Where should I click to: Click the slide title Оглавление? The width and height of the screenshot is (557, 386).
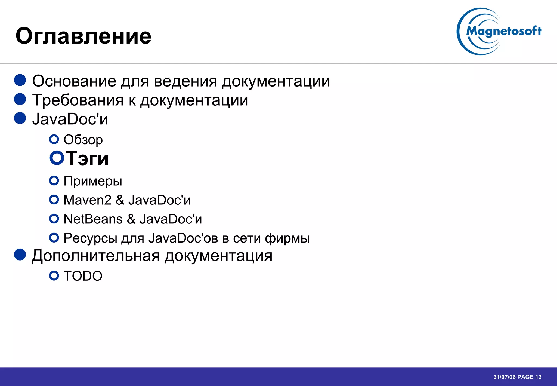tap(83, 36)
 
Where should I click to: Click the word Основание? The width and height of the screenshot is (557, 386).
tap(74, 81)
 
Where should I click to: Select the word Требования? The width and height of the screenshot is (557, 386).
tap(78, 100)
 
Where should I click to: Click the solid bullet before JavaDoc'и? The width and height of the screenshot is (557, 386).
tap(20, 118)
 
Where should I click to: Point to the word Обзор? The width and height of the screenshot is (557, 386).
tap(83, 140)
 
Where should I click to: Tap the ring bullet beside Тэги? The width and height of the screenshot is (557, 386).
tap(57, 158)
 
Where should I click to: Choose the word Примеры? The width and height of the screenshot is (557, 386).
tap(93, 181)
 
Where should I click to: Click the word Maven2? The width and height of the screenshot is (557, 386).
tap(87, 200)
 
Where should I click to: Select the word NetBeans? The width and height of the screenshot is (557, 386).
tap(93, 219)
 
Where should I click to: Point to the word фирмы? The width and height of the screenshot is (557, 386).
tap(287, 238)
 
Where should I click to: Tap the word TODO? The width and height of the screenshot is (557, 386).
tap(83, 276)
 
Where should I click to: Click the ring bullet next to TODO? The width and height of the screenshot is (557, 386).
tap(54, 276)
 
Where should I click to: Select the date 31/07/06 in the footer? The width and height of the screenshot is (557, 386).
tap(505, 377)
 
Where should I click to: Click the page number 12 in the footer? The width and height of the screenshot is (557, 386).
tap(538, 377)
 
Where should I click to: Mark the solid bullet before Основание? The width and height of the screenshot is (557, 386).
tap(20, 80)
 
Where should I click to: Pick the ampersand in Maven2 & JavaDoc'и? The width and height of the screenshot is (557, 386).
tap(120, 200)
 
